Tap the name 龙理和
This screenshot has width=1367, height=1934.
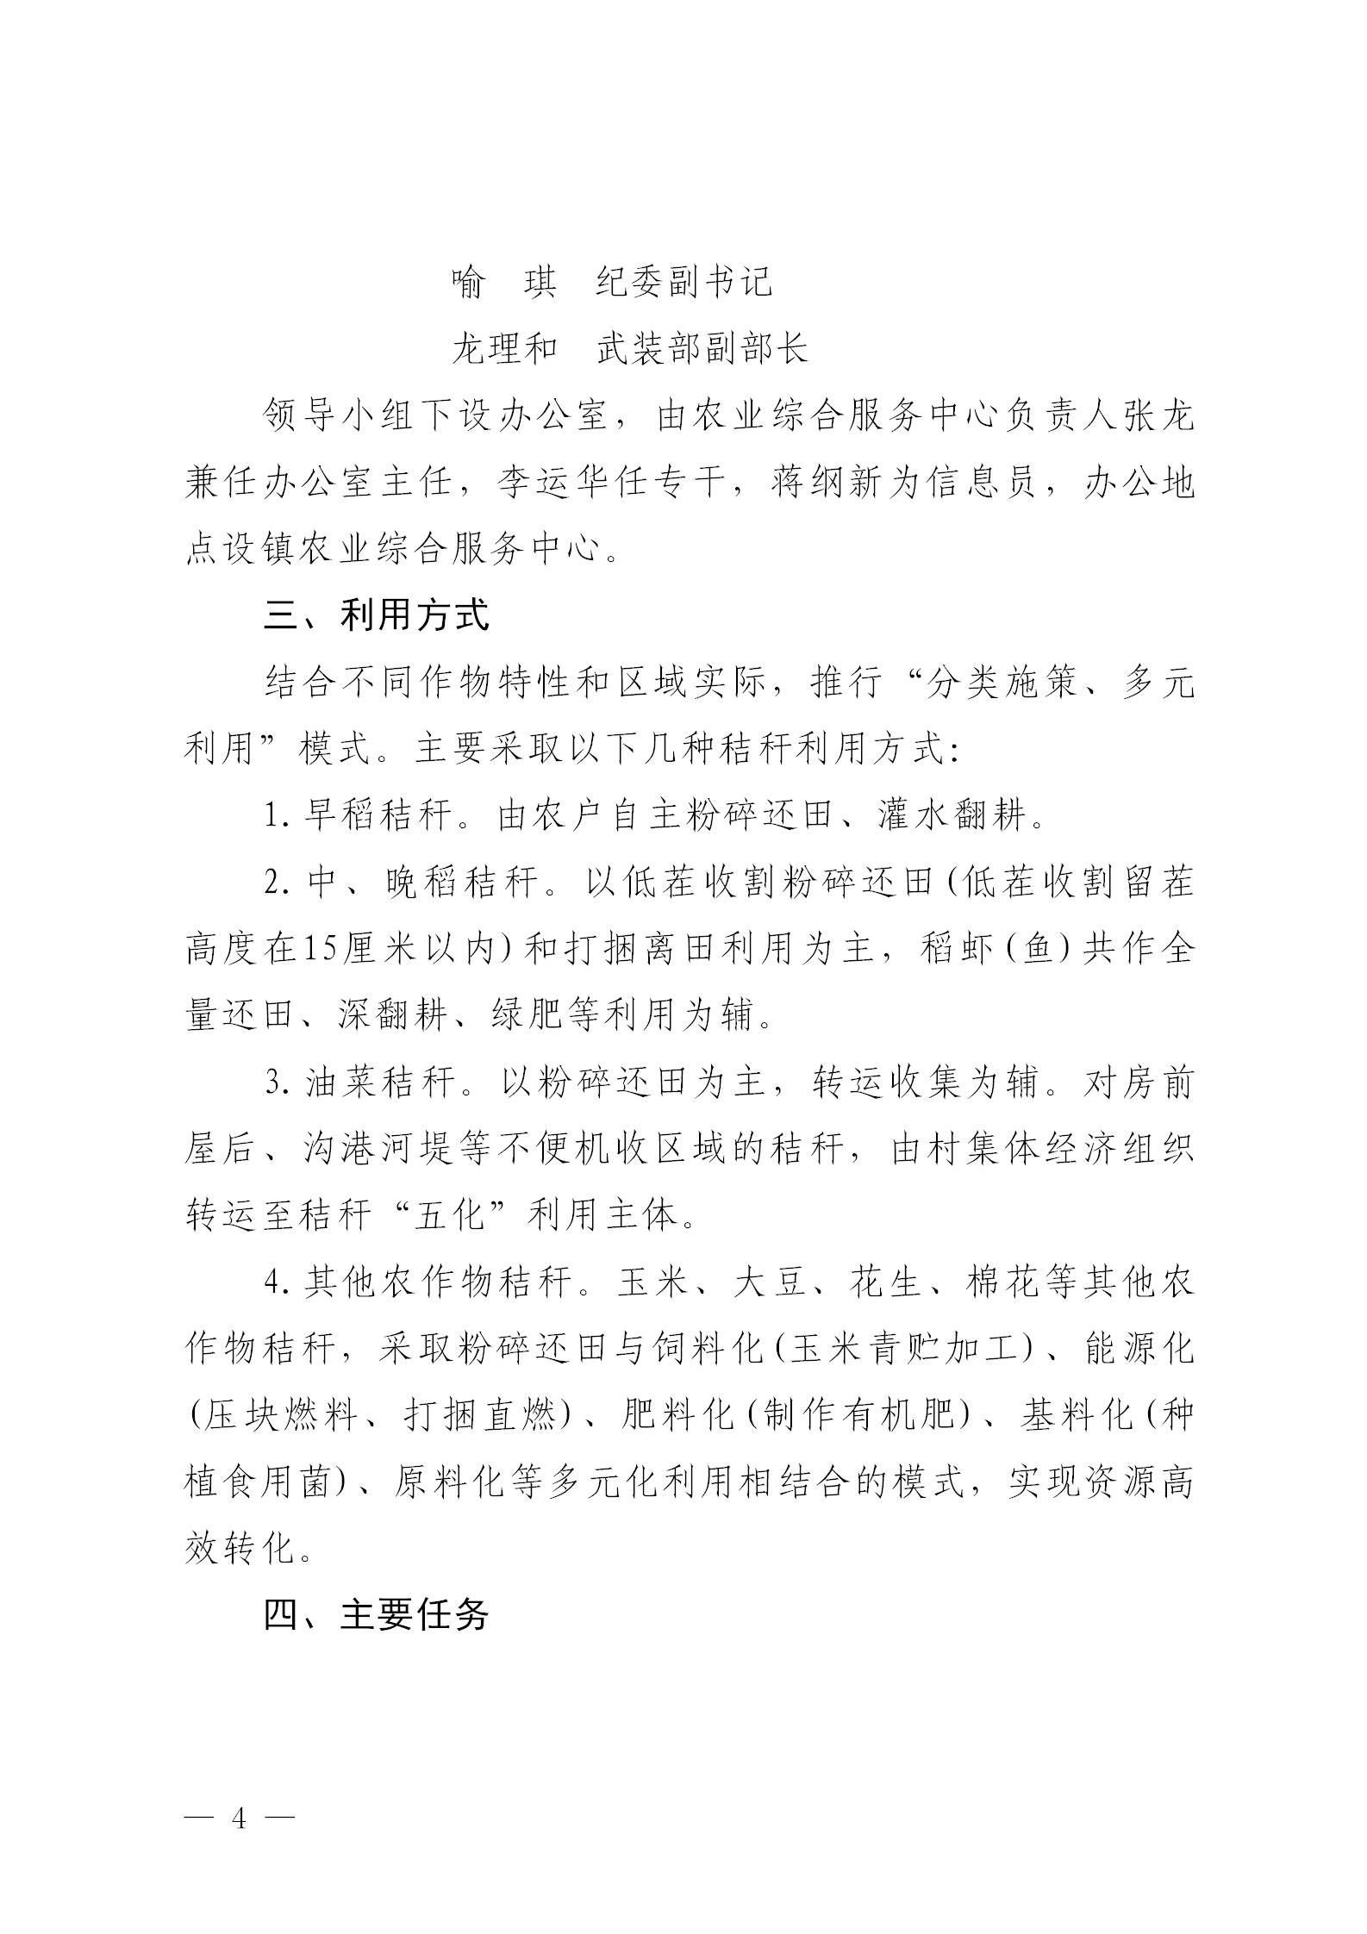(x=504, y=349)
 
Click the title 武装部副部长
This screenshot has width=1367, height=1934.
(x=702, y=349)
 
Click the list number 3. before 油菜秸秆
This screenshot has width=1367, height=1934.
(x=277, y=1083)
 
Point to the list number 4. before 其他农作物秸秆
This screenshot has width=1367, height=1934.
(x=277, y=1283)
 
